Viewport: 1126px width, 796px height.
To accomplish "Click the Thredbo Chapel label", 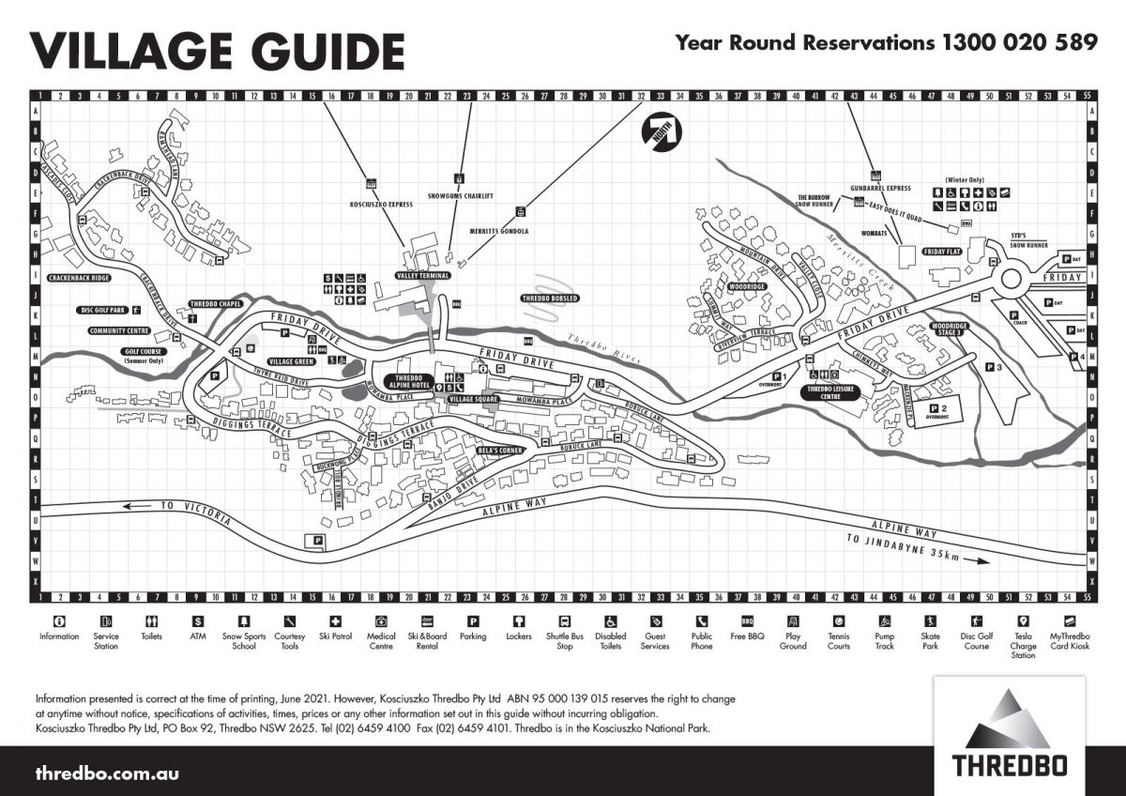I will click(x=217, y=304).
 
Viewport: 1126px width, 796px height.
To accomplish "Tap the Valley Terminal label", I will click(x=422, y=276).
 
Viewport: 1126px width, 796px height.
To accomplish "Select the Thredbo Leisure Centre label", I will click(x=832, y=391).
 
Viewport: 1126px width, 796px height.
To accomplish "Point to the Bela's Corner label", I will click(x=499, y=451).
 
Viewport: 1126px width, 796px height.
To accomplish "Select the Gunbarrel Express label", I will click(x=881, y=188).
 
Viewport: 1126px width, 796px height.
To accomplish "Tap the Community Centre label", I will click(x=120, y=330).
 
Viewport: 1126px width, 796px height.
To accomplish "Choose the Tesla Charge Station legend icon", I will click(x=1023, y=621).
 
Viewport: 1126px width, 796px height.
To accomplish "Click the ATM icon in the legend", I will click(x=198, y=621).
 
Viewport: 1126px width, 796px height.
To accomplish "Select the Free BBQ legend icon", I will click(x=748, y=621).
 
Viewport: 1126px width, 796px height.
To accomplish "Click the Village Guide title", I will click(x=218, y=48).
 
